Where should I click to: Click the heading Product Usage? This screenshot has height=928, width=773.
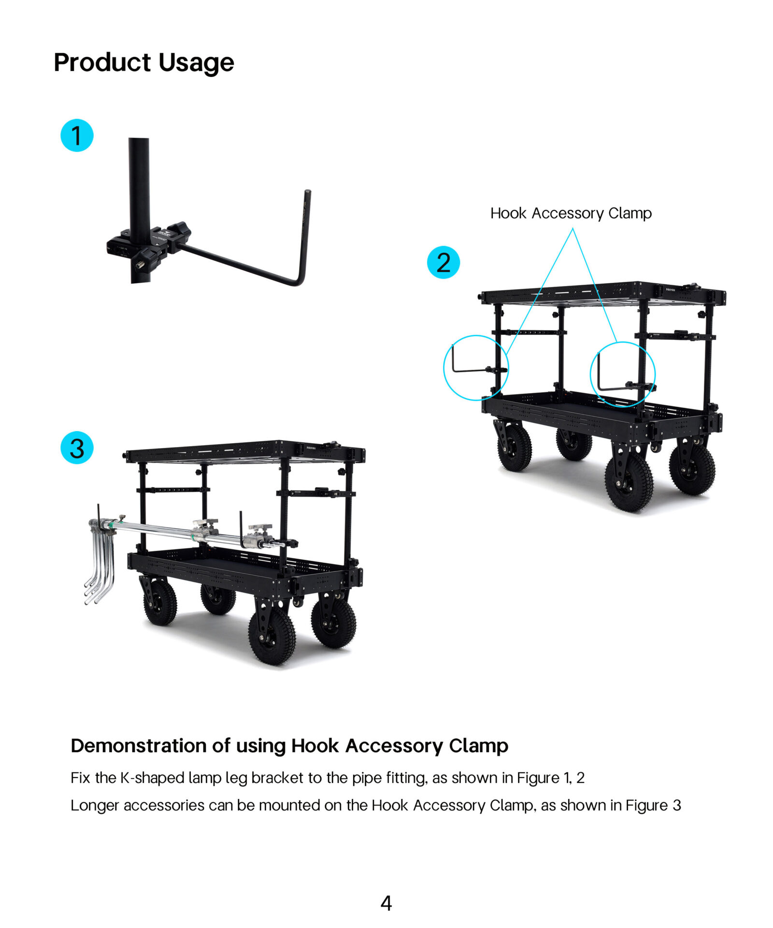click(x=143, y=63)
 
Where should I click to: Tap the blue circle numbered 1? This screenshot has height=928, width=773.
click(x=77, y=135)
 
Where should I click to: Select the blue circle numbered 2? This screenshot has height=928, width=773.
click(x=443, y=262)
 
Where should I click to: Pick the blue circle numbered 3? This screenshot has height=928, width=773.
click(x=77, y=448)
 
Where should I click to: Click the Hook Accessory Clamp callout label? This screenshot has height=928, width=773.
click(x=571, y=213)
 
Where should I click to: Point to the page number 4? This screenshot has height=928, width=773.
click(x=386, y=903)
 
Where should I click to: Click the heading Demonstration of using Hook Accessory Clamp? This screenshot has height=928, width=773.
click(x=289, y=745)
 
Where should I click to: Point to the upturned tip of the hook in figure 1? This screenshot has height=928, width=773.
click(x=307, y=192)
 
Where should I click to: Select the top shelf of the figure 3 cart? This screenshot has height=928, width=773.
click(x=245, y=452)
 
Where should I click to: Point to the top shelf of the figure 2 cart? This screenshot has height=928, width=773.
click(x=603, y=293)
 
